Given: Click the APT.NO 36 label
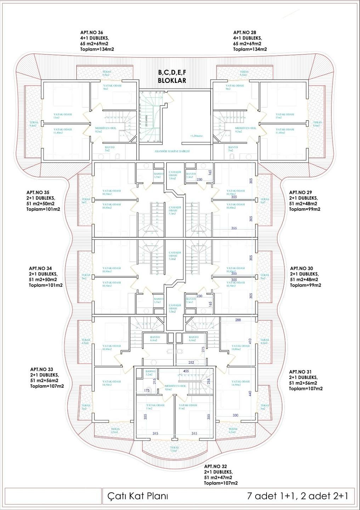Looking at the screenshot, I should (x=92, y=33).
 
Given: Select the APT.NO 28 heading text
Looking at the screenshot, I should (x=245, y=33).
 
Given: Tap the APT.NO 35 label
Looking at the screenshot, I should (x=38, y=193).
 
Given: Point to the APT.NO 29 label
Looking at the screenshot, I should (x=301, y=193).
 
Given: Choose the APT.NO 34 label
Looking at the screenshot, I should (x=40, y=268).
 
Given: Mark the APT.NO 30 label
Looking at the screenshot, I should (x=302, y=268).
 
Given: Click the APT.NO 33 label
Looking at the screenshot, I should (x=42, y=369).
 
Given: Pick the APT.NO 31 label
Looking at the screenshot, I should (x=301, y=372).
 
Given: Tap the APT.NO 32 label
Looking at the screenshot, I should (x=216, y=466).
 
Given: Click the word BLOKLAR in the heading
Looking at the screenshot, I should (x=172, y=80).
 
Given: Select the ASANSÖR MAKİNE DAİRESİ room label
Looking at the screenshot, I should (x=172, y=151).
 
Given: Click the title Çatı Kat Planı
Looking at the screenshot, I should (x=138, y=496).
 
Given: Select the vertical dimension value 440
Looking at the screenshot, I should (x=250, y=393).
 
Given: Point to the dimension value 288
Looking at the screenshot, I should (x=238, y=320).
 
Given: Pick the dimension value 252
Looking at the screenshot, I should (x=191, y=363).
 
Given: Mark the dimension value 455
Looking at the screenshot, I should (x=186, y=371).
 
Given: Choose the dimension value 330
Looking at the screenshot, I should (x=235, y=415).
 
